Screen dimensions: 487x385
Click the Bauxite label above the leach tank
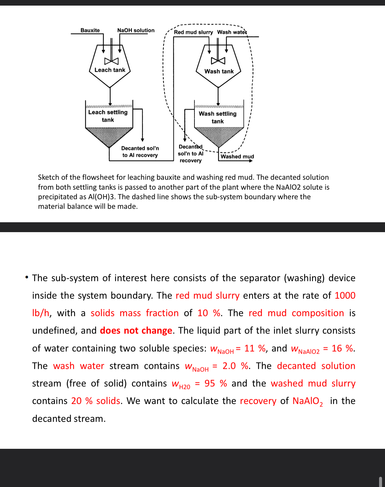[x=90, y=30]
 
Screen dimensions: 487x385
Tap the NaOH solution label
[x=136, y=30]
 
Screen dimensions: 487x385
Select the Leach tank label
[x=110, y=70]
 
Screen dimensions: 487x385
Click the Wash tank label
[x=219, y=71]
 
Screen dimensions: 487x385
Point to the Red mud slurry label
[x=193, y=32]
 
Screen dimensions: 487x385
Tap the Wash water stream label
[x=232, y=32]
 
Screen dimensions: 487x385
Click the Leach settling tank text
[x=108, y=116]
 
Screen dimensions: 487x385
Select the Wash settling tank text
[x=218, y=117]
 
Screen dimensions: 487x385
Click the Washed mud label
[x=237, y=156]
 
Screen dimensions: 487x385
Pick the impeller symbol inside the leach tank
[x=111, y=61]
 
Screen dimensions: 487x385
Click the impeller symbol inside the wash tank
[x=218, y=61]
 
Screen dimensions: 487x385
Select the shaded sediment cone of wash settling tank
[x=218, y=136]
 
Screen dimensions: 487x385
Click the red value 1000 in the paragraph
[x=345, y=295]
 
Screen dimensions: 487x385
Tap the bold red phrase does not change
[x=136, y=330]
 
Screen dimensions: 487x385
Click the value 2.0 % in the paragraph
[x=235, y=366]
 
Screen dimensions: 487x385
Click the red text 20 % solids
[x=96, y=401]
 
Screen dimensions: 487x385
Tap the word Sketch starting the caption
[x=49, y=177]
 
